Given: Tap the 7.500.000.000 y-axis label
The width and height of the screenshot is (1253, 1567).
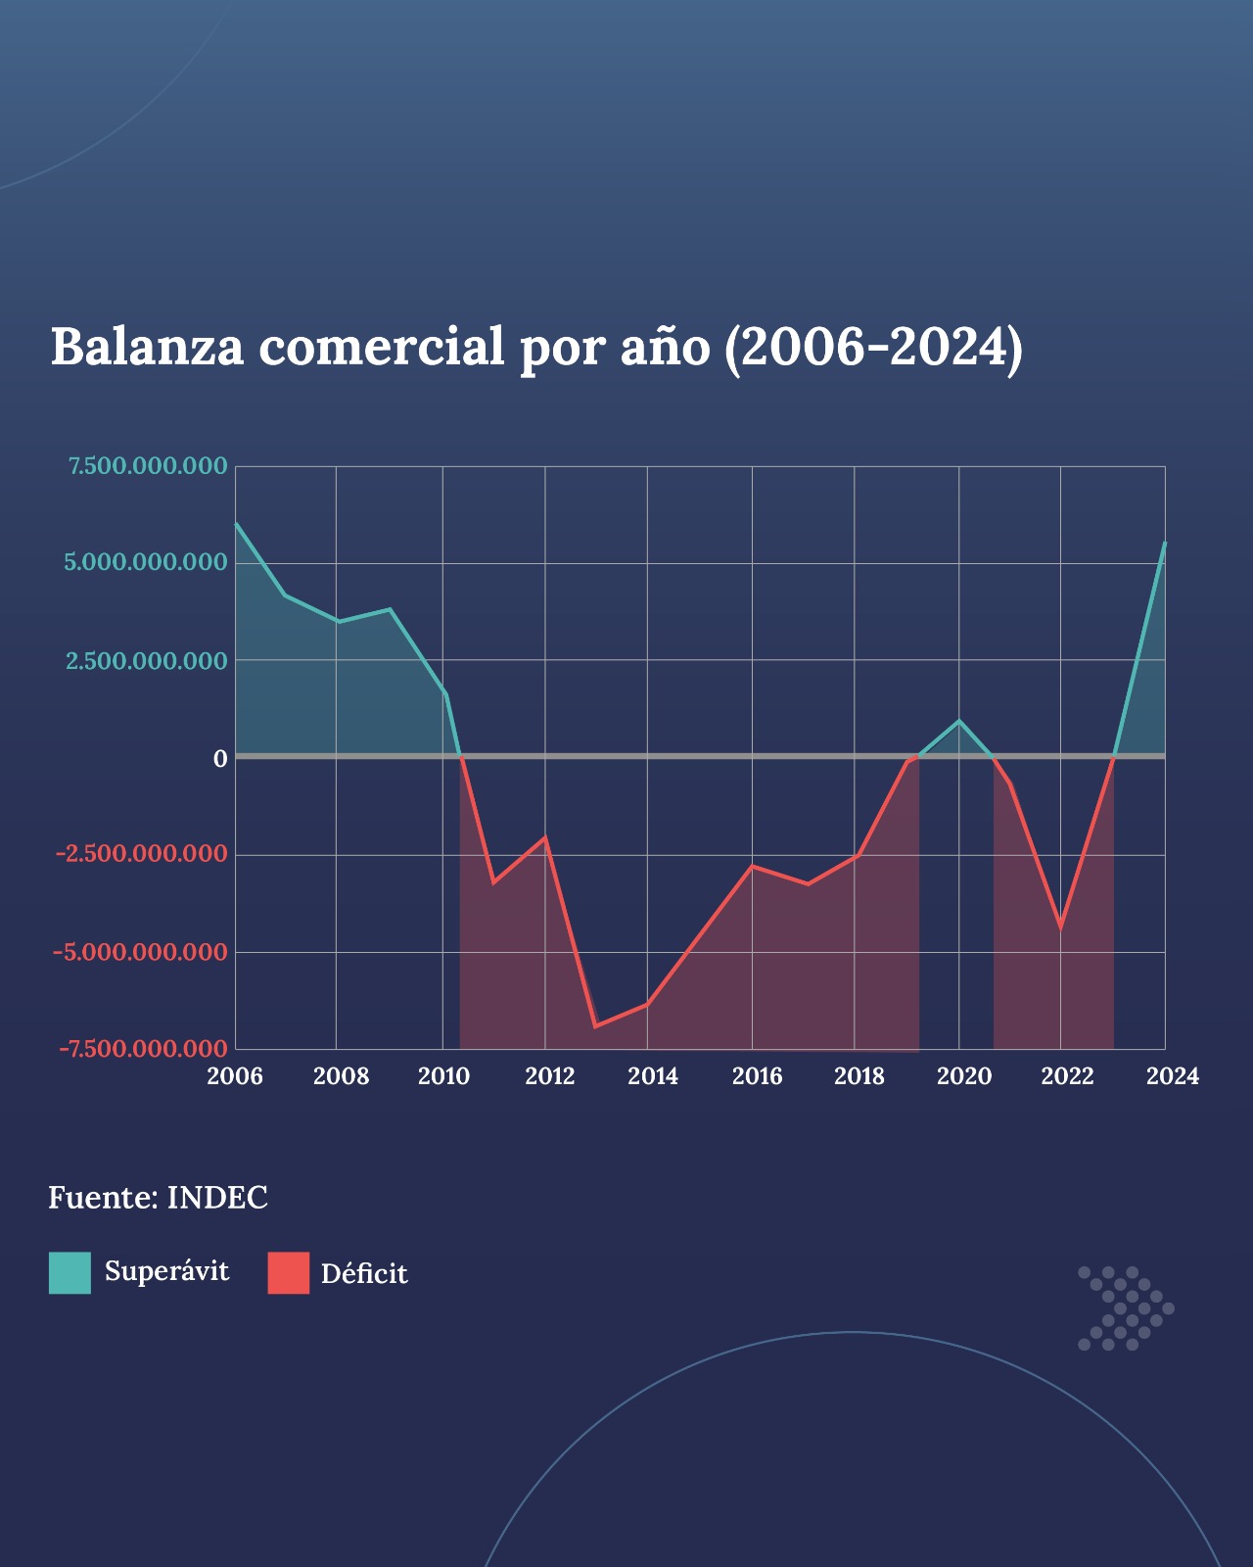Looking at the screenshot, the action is pyautogui.click(x=148, y=466).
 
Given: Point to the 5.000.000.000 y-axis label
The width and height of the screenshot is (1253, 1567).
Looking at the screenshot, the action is pyautogui.click(x=146, y=562).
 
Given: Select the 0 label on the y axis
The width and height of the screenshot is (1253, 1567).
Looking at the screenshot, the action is pyautogui.click(x=220, y=759).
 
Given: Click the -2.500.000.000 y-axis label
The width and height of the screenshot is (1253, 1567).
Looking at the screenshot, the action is pyautogui.click(x=142, y=853).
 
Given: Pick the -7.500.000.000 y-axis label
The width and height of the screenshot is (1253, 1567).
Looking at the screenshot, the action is pyautogui.click(x=144, y=1049).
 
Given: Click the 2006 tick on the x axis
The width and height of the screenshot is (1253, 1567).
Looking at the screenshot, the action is pyautogui.click(x=234, y=1076).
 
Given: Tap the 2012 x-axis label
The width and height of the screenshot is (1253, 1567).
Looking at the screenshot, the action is pyautogui.click(x=550, y=1076).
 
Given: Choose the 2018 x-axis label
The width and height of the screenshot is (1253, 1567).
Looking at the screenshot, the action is pyautogui.click(x=859, y=1076).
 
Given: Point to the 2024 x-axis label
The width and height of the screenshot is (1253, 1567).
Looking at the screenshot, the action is pyautogui.click(x=1172, y=1076).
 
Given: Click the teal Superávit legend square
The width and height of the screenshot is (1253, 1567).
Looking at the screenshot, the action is pyautogui.click(x=70, y=1273).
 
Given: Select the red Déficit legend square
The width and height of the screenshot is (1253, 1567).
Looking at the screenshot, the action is pyautogui.click(x=289, y=1273).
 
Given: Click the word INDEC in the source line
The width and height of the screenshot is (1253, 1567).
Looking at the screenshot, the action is pyautogui.click(x=217, y=1198).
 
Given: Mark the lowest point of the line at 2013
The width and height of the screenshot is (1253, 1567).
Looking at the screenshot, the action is pyautogui.click(x=595, y=1026).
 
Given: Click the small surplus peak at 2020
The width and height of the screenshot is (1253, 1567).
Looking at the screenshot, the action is pyautogui.click(x=959, y=721).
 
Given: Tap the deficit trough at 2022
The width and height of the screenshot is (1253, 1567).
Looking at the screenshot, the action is pyautogui.click(x=1061, y=928).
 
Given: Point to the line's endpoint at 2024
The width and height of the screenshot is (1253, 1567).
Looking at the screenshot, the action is pyautogui.click(x=1165, y=544).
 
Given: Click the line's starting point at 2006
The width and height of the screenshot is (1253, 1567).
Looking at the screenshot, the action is pyautogui.click(x=236, y=524).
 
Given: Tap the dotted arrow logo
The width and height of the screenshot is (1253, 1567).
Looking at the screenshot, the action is pyautogui.click(x=1126, y=1308).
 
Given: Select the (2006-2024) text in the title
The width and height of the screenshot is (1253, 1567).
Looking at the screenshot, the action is pyautogui.click(x=874, y=348).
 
